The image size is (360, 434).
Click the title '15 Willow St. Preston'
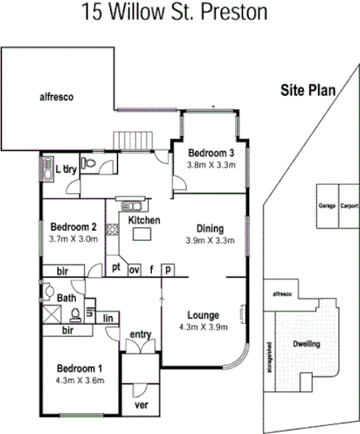pyautogui.click(x=174, y=12)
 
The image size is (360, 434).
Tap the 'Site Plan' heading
pyautogui.click(x=308, y=89)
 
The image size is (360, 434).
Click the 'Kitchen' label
pyautogui.click(x=144, y=220)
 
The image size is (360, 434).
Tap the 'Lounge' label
pyautogui.click(x=203, y=314)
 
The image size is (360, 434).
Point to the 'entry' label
pyautogui.click(x=141, y=334)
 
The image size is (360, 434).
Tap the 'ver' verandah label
pyautogui.click(x=140, y=405)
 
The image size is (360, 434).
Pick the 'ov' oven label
pyautogui.click(x=135, y=269)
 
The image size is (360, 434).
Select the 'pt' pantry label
pyautogui.click(x=115, y=269)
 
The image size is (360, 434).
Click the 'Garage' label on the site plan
pyautogui.click(x=328, y=207)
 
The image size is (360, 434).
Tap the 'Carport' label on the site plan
pyautogui.click(x=349, y=207)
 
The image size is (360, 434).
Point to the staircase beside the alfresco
pyautogui.click(x=133, y=139)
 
